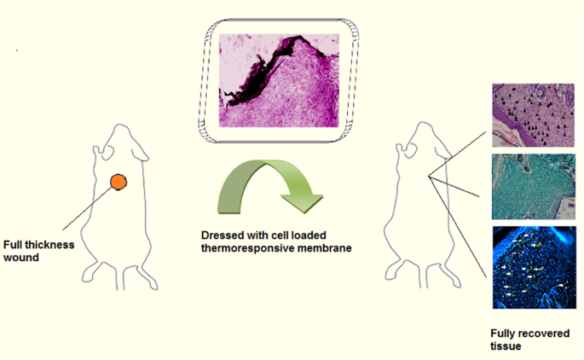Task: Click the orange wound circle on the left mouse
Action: pos(118,181)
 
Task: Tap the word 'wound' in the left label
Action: pos(22,257)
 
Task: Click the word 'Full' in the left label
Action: pos(16,245)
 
